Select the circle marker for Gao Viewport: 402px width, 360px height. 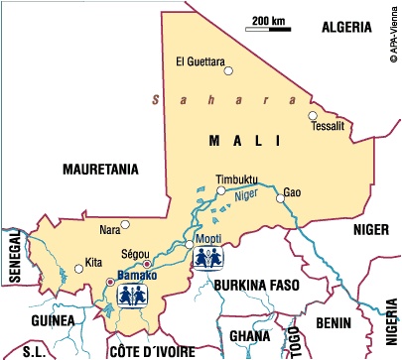[x=281, y=198]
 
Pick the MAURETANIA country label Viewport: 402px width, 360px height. [x=100, y=169]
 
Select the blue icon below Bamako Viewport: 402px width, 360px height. [x=133, y=295]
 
